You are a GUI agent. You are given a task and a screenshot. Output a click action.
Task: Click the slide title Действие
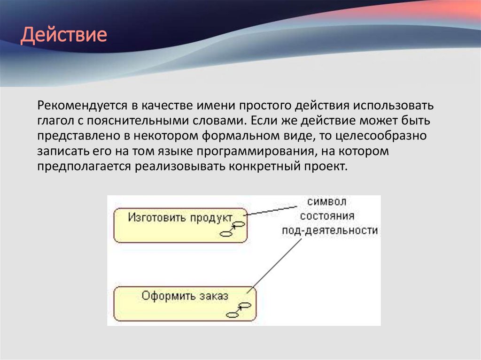[x=63, y=36]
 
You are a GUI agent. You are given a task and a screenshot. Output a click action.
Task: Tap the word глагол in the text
[x=56, y=120]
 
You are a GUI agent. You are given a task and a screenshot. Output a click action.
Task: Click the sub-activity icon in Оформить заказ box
[x=238, y=310]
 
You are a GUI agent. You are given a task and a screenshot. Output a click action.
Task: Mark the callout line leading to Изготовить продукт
[x=272, y=210]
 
